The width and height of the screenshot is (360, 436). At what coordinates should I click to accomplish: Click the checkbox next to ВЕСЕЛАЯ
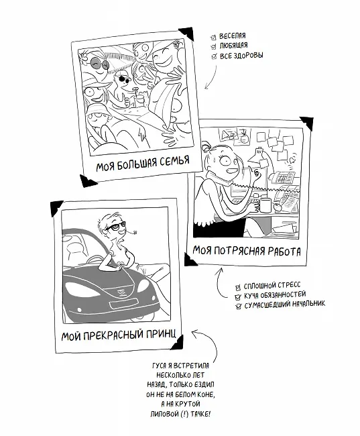[x=213, y=38]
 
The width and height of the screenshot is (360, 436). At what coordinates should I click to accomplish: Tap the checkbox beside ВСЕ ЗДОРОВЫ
[x=214, y=56]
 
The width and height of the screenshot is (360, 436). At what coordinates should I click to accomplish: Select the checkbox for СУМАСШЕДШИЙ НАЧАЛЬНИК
[x=238, y=307]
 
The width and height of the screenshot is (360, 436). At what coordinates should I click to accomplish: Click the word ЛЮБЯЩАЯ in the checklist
[x=233, y=45]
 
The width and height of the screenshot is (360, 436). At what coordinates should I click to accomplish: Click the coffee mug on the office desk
[x=264, y=205]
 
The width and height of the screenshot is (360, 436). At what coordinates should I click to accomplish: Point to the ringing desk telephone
[x=282, y=177]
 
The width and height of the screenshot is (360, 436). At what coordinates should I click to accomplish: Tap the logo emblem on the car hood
[x=121, y=292]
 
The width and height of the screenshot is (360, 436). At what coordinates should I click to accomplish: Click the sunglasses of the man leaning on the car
[x=115, y=226]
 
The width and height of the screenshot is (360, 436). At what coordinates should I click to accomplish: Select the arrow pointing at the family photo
[x=212, y=77]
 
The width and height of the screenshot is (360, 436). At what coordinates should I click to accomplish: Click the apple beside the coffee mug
[x=277, y=207]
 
